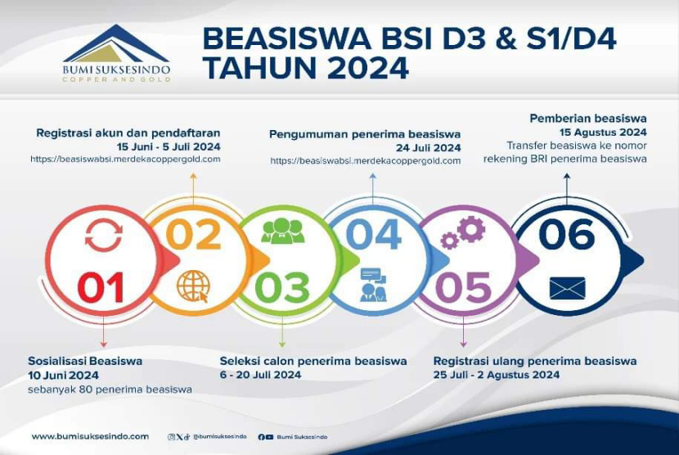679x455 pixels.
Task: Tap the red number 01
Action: click(101, 288)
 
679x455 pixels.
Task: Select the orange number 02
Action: click(194, 235)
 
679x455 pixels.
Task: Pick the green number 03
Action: click(282, 288)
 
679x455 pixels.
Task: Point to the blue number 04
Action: click(373, 235)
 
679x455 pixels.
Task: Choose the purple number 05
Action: click(463, 288)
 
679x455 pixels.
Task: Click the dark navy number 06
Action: click(567, 235)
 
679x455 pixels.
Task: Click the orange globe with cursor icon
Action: click(194, 286)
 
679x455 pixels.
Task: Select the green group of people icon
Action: click(283, 232)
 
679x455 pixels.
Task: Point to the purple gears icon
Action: click(464, 232)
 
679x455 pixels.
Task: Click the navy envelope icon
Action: click(567, 288)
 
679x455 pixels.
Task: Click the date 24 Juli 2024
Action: click(434, 148)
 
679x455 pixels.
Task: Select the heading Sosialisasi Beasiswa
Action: click(85, 361)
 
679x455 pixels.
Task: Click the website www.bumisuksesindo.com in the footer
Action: click(90, 437)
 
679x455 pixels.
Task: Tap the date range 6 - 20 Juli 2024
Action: click(260, 375)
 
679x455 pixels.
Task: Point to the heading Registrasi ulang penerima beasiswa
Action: click(535, 361)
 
